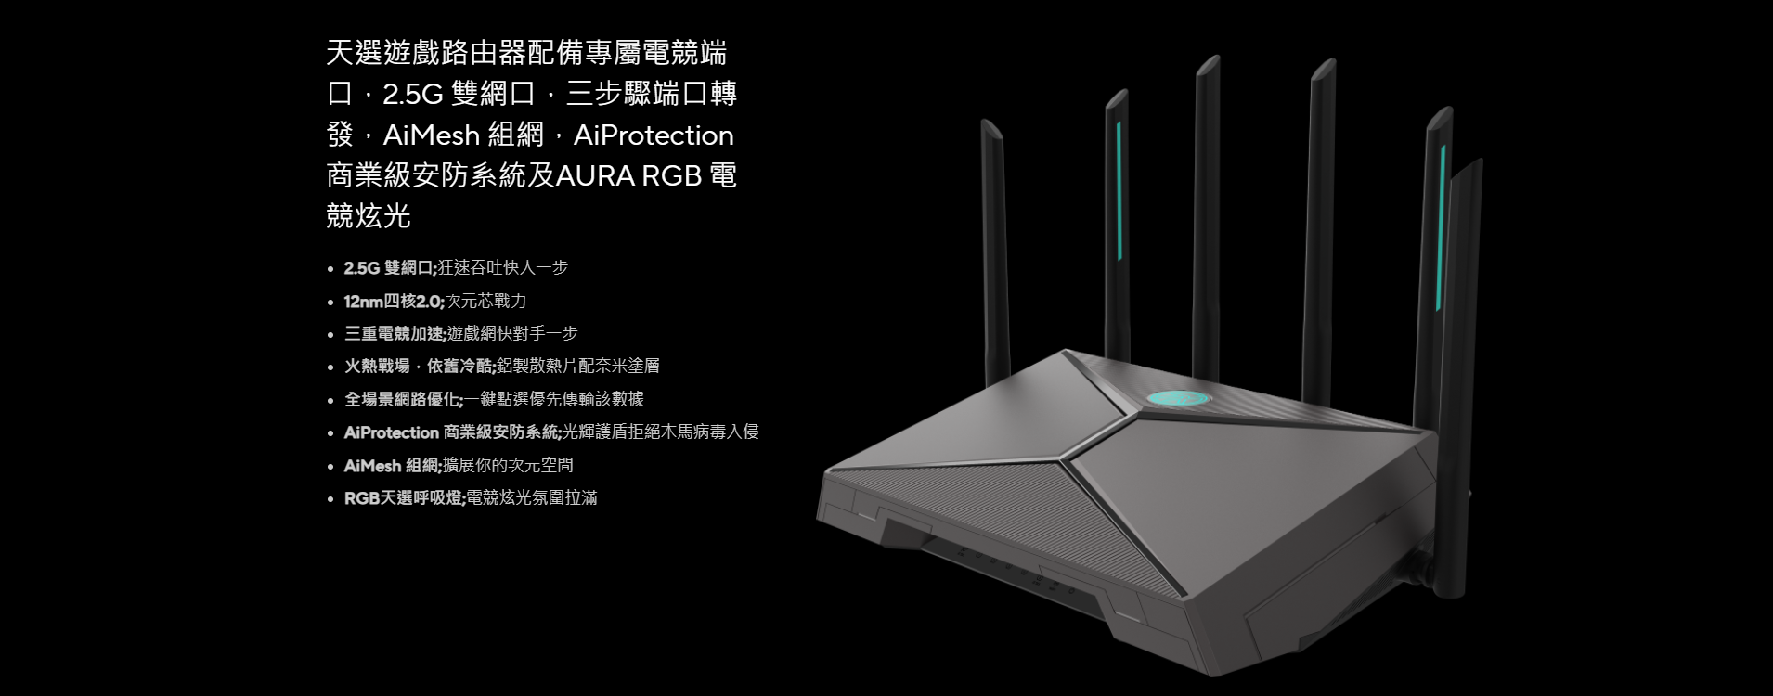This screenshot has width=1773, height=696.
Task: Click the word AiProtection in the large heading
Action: click(x=654, y=135)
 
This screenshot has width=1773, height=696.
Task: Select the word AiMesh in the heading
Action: click(x=431, y=135)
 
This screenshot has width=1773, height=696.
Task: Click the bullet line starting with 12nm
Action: click(x=435, y=301)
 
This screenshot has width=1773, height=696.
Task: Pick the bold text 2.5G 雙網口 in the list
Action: click(x=389, y=268)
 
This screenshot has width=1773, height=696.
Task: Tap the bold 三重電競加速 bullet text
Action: click(x=395, y=333)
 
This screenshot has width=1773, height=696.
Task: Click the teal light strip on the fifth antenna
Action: click(x=1441, y=227)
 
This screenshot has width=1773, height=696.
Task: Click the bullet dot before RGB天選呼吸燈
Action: click(x=330, y=499)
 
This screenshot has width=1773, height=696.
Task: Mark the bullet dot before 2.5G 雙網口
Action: click(x=330, y=269)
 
